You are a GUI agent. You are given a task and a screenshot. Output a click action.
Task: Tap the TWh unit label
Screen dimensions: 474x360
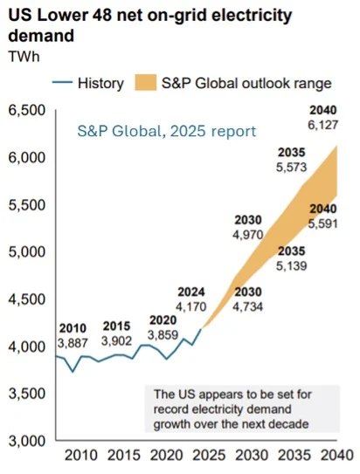pos(24,57)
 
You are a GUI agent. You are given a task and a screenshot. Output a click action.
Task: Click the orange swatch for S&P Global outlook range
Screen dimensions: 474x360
pos(143,84)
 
